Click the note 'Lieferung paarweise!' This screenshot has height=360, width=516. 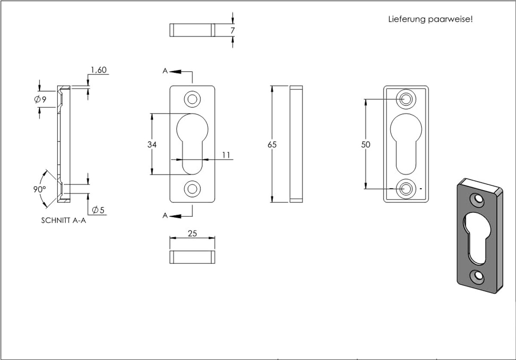430,19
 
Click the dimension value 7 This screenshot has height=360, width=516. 233,31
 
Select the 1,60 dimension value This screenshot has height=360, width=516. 99,70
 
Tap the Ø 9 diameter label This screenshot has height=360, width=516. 40,99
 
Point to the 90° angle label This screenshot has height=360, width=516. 40,189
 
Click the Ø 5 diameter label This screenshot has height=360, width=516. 98,210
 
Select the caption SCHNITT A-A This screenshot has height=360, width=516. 64,221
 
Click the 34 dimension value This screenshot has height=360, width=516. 152,145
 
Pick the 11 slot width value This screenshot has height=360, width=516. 226,155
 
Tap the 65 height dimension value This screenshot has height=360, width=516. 272,145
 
